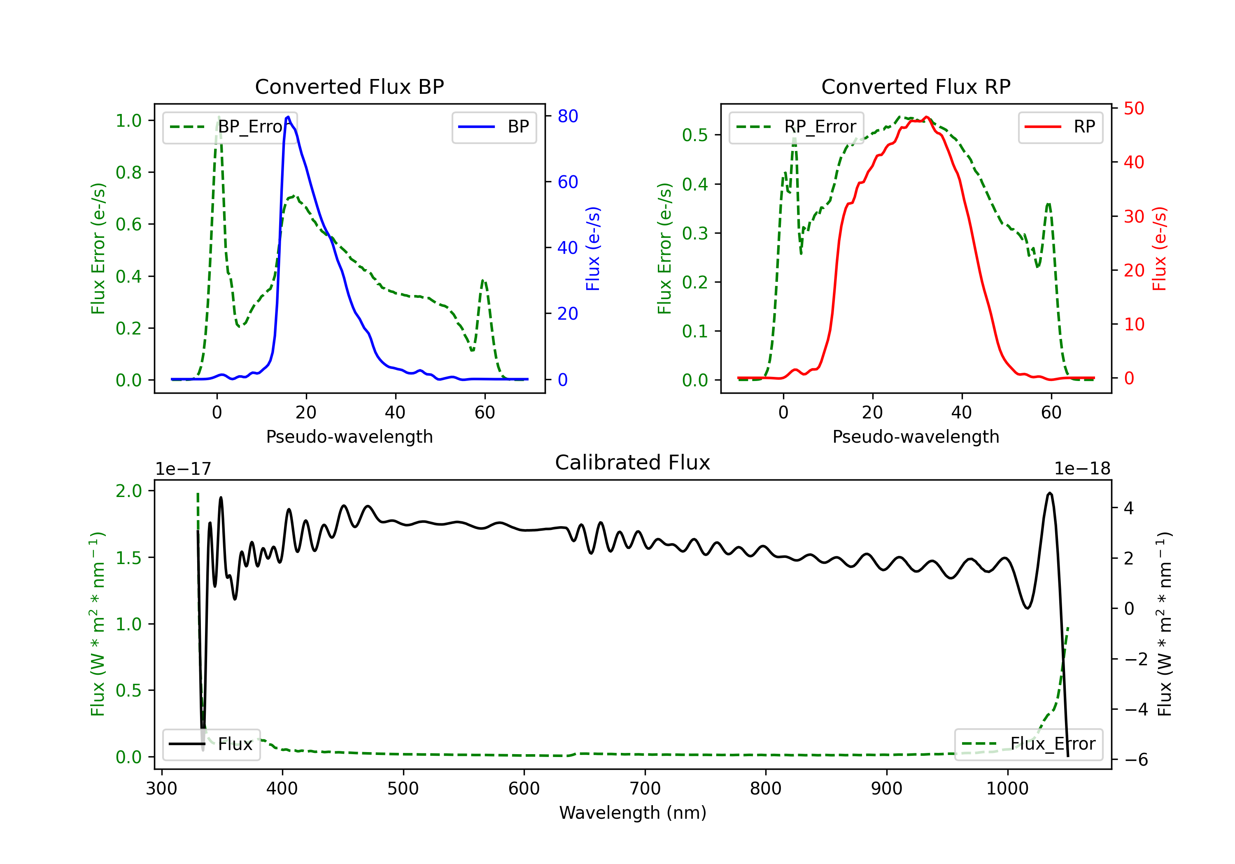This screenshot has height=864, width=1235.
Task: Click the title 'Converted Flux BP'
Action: coord(349,86)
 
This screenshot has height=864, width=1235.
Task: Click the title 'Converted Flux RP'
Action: coord(916,86)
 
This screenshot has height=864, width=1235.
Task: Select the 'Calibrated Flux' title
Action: coord(633,462)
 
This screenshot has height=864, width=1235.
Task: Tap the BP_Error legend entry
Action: coord(230,127)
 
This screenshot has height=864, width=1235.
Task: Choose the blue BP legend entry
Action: coord(494,127)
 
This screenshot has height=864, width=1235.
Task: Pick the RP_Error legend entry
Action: coord(796,127)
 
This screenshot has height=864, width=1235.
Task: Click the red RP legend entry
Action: coord(1060,127)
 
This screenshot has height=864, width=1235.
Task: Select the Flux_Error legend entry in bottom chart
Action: coord(1028,744)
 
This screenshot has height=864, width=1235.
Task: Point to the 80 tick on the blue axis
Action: coord(567,116)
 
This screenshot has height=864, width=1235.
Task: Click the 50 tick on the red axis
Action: coord(1134,109)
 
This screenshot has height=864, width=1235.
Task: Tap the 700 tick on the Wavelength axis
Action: coord(645,789)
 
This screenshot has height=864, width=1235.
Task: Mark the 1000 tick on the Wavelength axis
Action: coord(1007,789)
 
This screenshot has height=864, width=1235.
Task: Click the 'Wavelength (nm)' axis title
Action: coord(633,813)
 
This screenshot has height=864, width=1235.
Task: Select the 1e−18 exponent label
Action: coord(1082,469)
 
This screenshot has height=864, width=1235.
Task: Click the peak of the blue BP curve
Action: coord(288,117)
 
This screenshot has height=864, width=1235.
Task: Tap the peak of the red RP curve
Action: coord(926,117)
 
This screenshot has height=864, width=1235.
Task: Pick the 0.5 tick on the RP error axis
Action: coord(694,135)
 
